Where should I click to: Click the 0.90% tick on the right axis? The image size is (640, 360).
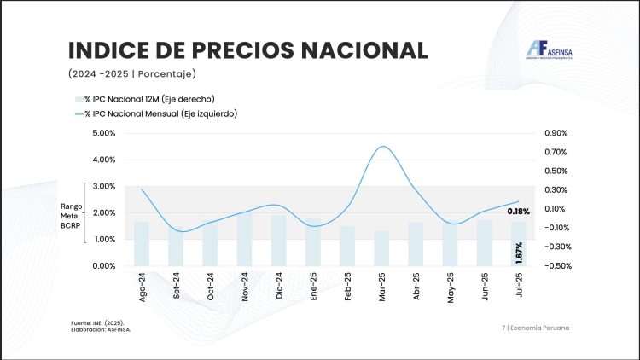click(556, 133)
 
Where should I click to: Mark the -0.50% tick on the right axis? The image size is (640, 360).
click(556, 265)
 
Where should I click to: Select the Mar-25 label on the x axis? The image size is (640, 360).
click(381, 285)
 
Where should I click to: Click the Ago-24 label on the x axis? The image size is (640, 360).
click(142, 285)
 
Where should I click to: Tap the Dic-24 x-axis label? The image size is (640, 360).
click(279, 285)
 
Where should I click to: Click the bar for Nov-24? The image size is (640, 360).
click(244, 239)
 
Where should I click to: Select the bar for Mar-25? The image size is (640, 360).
click(381, 248)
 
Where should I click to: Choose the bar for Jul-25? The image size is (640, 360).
click(519, 243)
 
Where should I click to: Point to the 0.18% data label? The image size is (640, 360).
click(519, 211)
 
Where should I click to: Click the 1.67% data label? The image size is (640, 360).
click(519, 253)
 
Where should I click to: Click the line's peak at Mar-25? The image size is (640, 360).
click(383, 147)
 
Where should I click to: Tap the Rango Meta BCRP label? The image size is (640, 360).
click(70, 213)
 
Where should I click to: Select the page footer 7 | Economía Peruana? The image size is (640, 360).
click(536, 328)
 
